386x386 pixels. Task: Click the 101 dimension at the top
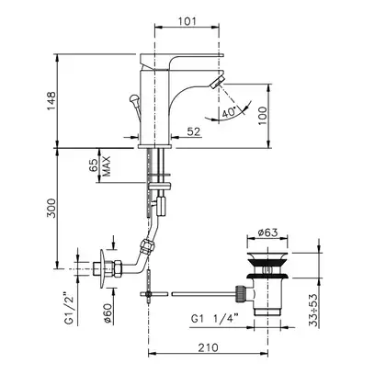187,21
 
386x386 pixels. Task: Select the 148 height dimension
51,101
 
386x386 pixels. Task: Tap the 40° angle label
230,112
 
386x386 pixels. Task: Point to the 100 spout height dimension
263,115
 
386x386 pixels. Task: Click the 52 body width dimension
194,131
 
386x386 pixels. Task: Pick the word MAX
106,166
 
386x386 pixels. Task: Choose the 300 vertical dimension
51,209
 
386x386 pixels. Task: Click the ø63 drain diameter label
267,233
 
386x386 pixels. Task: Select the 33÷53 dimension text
313,310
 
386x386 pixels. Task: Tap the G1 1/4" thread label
214,319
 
